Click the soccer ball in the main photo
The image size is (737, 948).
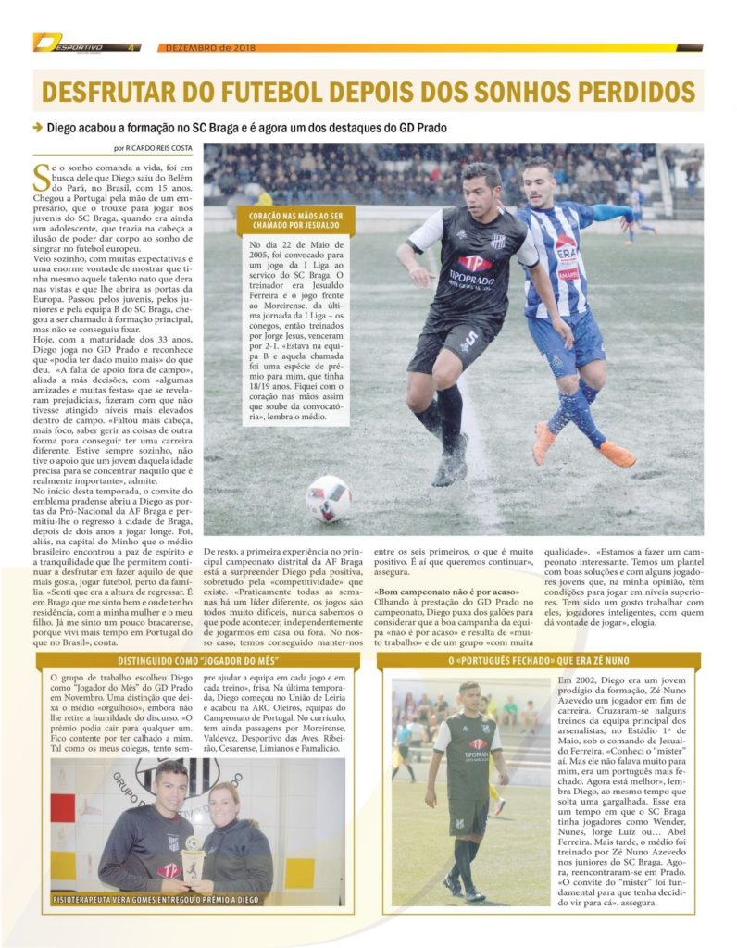tap(328, 498)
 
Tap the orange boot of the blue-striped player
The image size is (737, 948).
tap(616, 454)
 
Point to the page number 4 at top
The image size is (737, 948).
tap(131, 47)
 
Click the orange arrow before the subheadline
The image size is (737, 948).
tap(38, 127)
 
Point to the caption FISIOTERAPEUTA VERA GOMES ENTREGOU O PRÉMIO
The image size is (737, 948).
tap(156, 899)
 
